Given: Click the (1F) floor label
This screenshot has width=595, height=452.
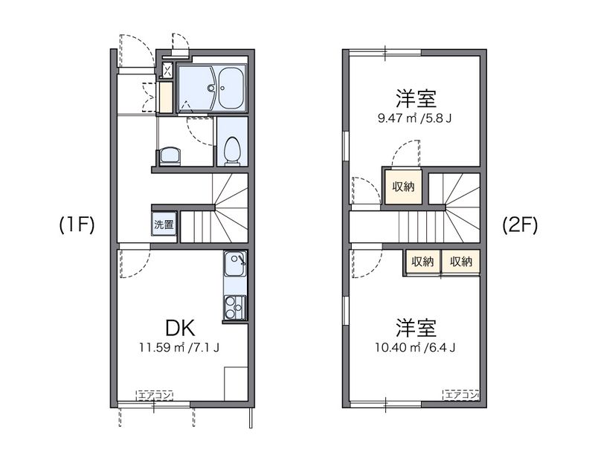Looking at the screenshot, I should pyautogui.click(x=77, y=225).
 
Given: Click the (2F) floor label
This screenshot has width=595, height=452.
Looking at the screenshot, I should pyautogui.click(x=519, y=225).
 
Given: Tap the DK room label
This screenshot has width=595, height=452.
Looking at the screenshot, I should pyautogui.click(x=179, y=326).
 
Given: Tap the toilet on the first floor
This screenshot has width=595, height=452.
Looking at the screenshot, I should pyautogui.click(x=232, y=151).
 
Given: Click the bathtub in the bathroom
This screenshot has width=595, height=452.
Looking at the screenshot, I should pyautogui.click(x=231, y=88).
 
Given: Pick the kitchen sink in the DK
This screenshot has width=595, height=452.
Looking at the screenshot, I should pyautogui.click(x=235, y=264).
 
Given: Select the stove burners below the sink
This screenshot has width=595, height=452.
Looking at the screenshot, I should pyautogui.click(x=234, y=306).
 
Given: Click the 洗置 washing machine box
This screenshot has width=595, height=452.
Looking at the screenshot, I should pyautogui.click(x=164, y=224).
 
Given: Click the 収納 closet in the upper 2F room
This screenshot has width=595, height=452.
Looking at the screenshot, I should pyautogui.click(x=403, y=187).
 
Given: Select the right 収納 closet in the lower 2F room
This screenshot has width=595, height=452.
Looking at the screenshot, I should pyautogui.click(x=460, y=261).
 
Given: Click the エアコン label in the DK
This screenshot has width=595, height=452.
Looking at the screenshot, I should pyautogui.click(x=153, y=395).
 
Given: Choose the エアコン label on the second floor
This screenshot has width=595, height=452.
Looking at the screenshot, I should pyautogui.click(x=461, y=395).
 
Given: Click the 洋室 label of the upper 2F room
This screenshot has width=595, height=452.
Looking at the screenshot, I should pyautogui.click(x=416, y=97).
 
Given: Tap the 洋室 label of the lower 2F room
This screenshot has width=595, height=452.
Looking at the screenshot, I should pyautogui.click(x=416, y=327).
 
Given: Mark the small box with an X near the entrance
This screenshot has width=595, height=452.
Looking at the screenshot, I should pyautogui.click(x=167, y=71).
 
